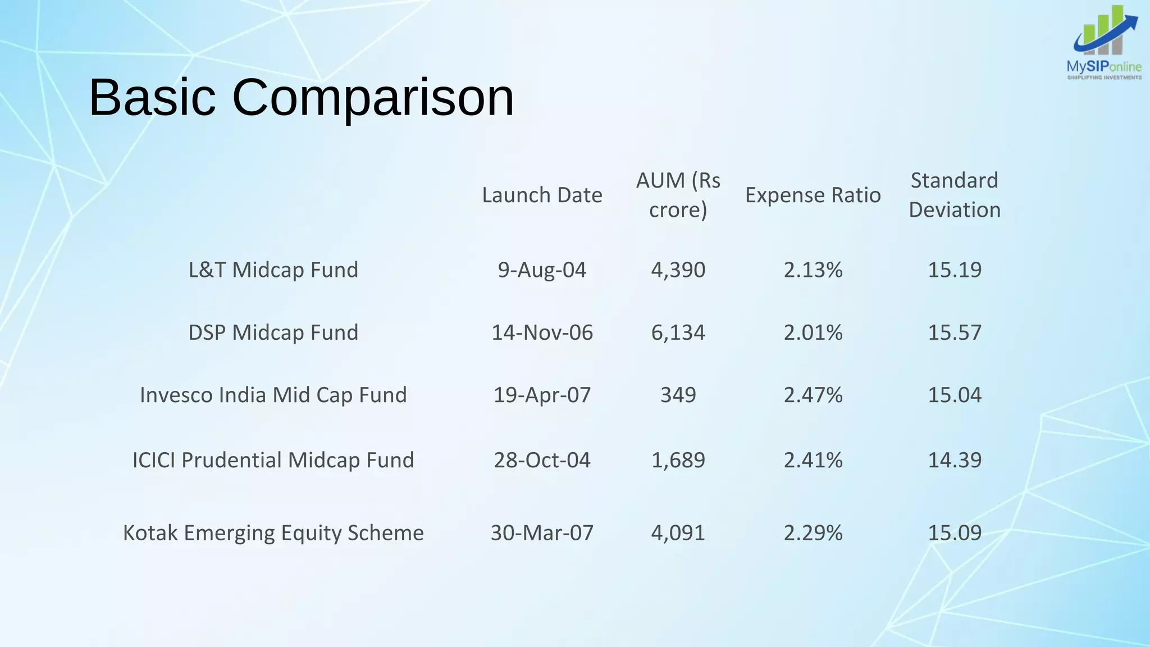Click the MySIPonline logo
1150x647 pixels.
[1104, 44]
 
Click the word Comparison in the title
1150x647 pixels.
[373, 98]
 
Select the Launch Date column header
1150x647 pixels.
[542, 195]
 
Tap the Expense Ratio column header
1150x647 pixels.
[813, 195]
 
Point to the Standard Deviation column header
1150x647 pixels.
[954, 195]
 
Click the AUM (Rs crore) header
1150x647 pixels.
[678, 195]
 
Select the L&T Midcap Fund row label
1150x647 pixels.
[273, 270]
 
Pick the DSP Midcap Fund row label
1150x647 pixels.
[273, 332]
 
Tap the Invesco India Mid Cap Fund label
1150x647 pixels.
[273, 395]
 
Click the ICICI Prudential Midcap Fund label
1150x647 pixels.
[273, 460]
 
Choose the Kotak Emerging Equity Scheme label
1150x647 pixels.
[273, 532]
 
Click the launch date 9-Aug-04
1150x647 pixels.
[542, 270]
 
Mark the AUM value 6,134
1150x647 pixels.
[678, 332]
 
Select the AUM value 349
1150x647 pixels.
[678, 395]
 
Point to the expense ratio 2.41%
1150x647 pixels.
[813, 460]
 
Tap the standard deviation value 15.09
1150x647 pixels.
[954, 532]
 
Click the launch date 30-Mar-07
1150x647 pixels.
[542, 532]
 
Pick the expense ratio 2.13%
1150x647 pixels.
[813, 270]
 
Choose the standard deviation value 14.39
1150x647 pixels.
[954, 460]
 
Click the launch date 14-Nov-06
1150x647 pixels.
[542, 332]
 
